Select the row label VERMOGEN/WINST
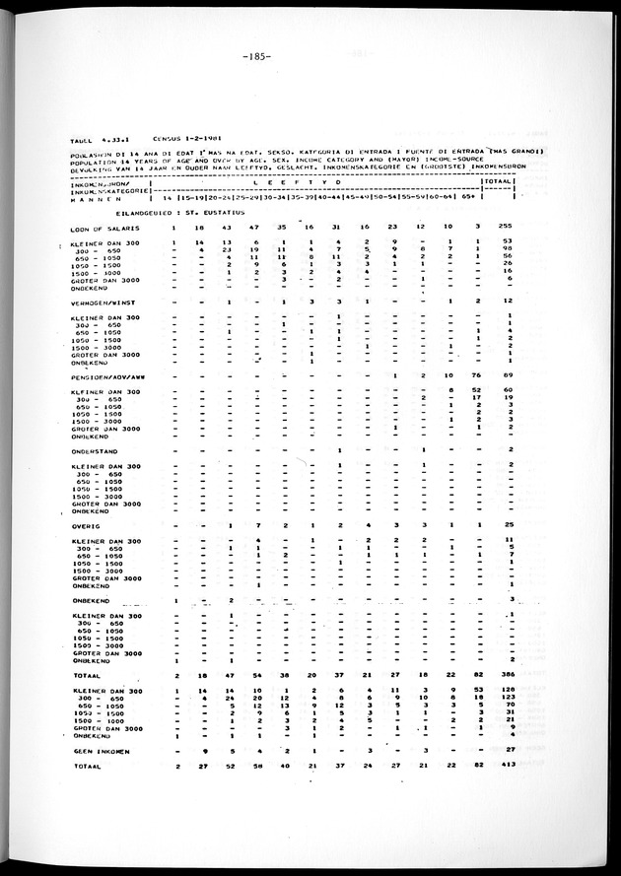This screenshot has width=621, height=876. (x=103, y=302)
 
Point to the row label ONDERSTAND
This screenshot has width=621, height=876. (x=96, y=450)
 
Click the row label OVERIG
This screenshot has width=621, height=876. (x=86, y=525)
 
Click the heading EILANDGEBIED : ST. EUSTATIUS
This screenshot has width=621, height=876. (x=161, y=212)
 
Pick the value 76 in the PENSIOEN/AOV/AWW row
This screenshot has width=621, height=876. (x=477, y=376)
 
